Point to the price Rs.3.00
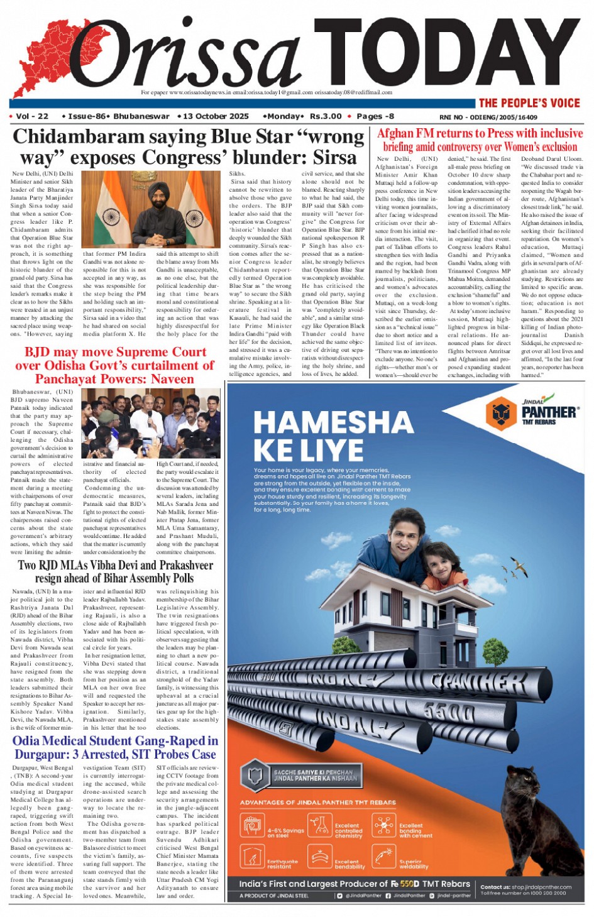pos(326,116)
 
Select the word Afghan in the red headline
pos(395,133)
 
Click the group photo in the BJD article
pos(150,423)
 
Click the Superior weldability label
pos(414,864)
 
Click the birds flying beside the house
pos(519,568)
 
